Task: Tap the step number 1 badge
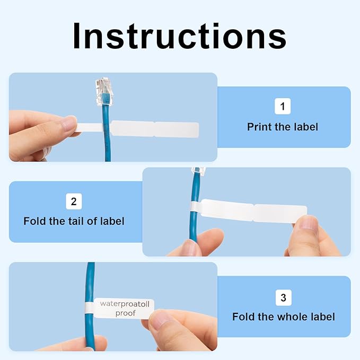tap(283, 107)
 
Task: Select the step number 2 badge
tap(74, 201)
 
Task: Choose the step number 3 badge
tap(283, 298)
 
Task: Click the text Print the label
tap(283, 127)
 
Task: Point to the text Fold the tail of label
tap(74, 221)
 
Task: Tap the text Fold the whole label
tap(283, 317)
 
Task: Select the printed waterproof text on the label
tap(125, 308)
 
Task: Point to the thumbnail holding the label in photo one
tap(68, 124)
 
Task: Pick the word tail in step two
tap(79, 221)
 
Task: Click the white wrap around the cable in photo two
tap(196, 209)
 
